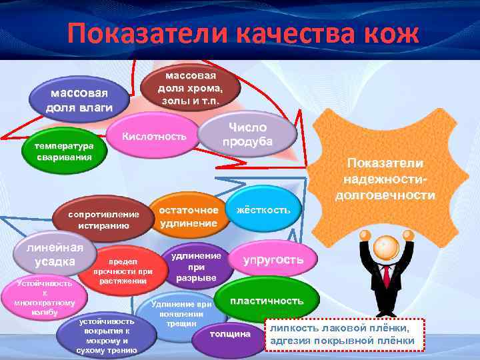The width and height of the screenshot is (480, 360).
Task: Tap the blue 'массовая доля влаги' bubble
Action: coord(79,99)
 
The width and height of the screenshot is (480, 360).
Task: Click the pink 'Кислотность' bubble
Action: coord(153,137)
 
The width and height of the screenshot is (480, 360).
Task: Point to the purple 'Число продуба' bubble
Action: coord(247,134)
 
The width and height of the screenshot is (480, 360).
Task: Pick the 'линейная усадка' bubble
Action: coord(47,253)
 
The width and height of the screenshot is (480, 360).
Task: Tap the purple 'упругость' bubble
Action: coord(273,259)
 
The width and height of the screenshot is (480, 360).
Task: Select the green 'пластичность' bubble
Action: coord(267,301)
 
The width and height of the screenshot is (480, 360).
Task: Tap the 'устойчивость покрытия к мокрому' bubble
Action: coord(107,335)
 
